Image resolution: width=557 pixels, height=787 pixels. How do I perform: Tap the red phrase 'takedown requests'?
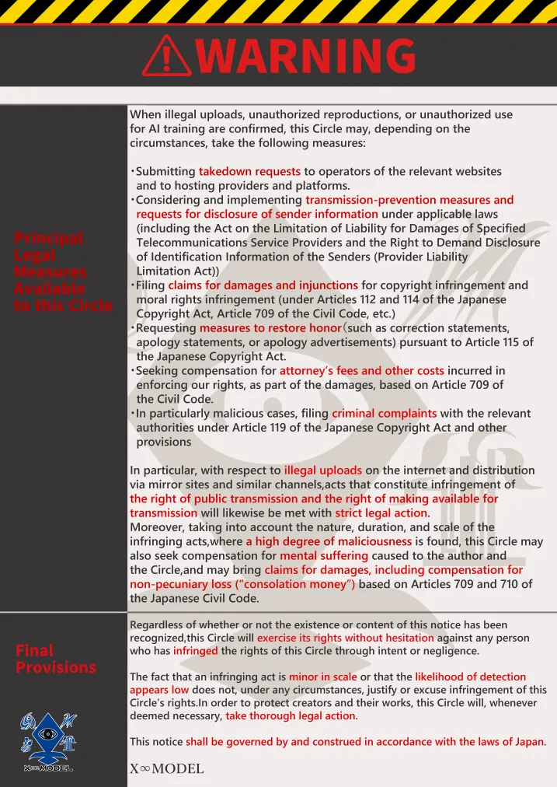249,171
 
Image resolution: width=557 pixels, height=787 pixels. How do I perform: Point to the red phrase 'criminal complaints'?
384,413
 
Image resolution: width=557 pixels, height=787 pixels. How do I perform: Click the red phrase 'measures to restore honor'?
270,328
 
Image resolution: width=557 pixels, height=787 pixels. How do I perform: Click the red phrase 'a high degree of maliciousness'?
329,541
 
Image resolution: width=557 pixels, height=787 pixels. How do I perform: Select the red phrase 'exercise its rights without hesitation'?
345,638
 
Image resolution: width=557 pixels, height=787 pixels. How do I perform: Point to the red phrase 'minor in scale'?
322,677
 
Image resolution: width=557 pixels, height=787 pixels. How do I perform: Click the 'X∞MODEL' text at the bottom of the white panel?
167,769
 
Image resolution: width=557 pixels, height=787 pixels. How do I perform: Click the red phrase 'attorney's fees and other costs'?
361,371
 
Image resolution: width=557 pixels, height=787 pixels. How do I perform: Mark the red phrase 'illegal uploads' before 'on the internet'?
322,470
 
